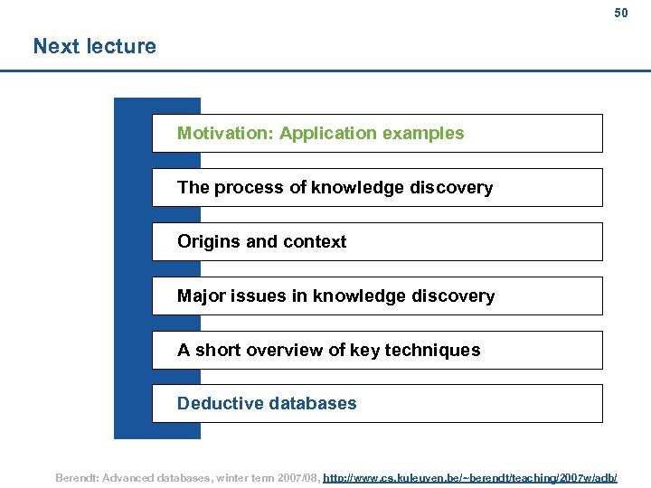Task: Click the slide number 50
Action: [x=620, y=14]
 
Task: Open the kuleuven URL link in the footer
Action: [x=470, y=476]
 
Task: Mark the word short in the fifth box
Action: [x=217, y=351]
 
